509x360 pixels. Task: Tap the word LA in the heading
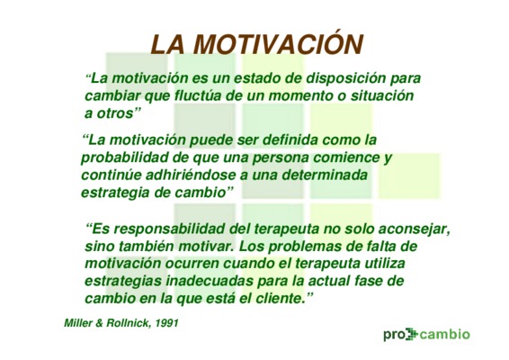tap(168, 44)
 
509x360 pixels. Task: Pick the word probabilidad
tap(124, 157)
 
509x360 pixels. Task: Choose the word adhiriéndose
tap(191, 175)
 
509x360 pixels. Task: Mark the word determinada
tap(325, 175)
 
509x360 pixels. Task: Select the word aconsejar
tap(415, 229)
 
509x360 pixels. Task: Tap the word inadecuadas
tap(210, 281)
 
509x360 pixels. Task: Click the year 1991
tap(166, 324)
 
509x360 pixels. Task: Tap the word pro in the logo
tap(394, 335)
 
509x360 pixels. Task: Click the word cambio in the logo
tap(445, 334)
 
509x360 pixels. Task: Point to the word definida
tap(290, 140)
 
